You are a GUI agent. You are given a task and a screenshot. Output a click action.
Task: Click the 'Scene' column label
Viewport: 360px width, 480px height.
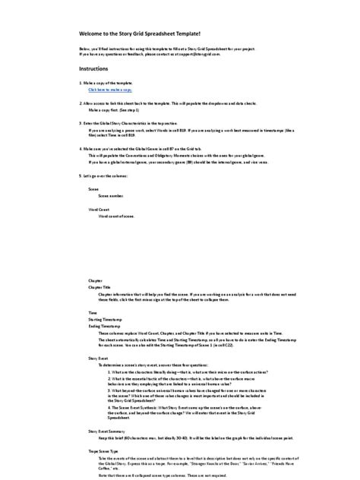pyautogui.click(x=93, y=188)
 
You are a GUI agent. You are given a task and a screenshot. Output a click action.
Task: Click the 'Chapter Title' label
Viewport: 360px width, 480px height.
pyautogui.click(x=100, y=287)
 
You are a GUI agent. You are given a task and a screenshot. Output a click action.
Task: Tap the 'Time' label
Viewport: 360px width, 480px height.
pyautogui.click(x=93, y=313)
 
